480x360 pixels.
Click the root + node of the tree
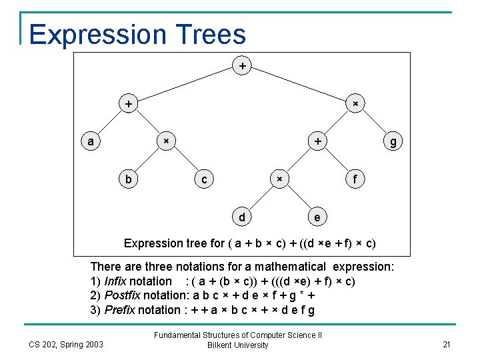(242, 66)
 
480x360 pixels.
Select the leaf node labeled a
(91, 141)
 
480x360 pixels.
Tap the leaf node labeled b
(128, 179)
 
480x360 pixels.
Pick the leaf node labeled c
(204, 179)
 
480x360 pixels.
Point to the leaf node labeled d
(241, 217)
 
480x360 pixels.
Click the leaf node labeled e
(317, 217)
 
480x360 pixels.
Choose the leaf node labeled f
(355, 179)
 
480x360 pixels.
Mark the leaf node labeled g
(393, 141)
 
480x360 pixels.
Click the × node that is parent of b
(166, 141)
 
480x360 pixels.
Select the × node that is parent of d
(279, 179)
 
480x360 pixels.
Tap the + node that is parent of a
(128, 103)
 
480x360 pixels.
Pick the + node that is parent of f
(318, 141)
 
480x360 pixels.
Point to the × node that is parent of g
(355, 103)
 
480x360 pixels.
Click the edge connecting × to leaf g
(375, 123)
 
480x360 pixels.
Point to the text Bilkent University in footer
(238, 345)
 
